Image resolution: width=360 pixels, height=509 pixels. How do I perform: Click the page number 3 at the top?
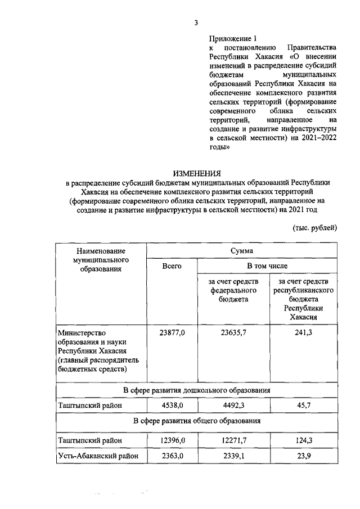point(196,23)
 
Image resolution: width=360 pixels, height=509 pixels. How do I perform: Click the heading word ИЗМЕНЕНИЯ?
point(196,173)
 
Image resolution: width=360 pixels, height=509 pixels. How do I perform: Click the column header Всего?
point(172,266)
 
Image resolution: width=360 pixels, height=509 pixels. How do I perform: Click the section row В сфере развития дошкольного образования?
point(196,389)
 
